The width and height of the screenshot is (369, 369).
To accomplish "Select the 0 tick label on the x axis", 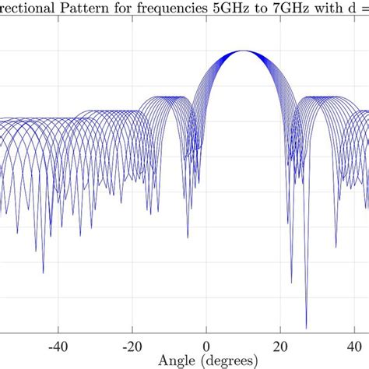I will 206,346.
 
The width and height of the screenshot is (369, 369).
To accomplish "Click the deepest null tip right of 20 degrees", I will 306,329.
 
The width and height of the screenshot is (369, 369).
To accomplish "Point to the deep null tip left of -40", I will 43,273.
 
